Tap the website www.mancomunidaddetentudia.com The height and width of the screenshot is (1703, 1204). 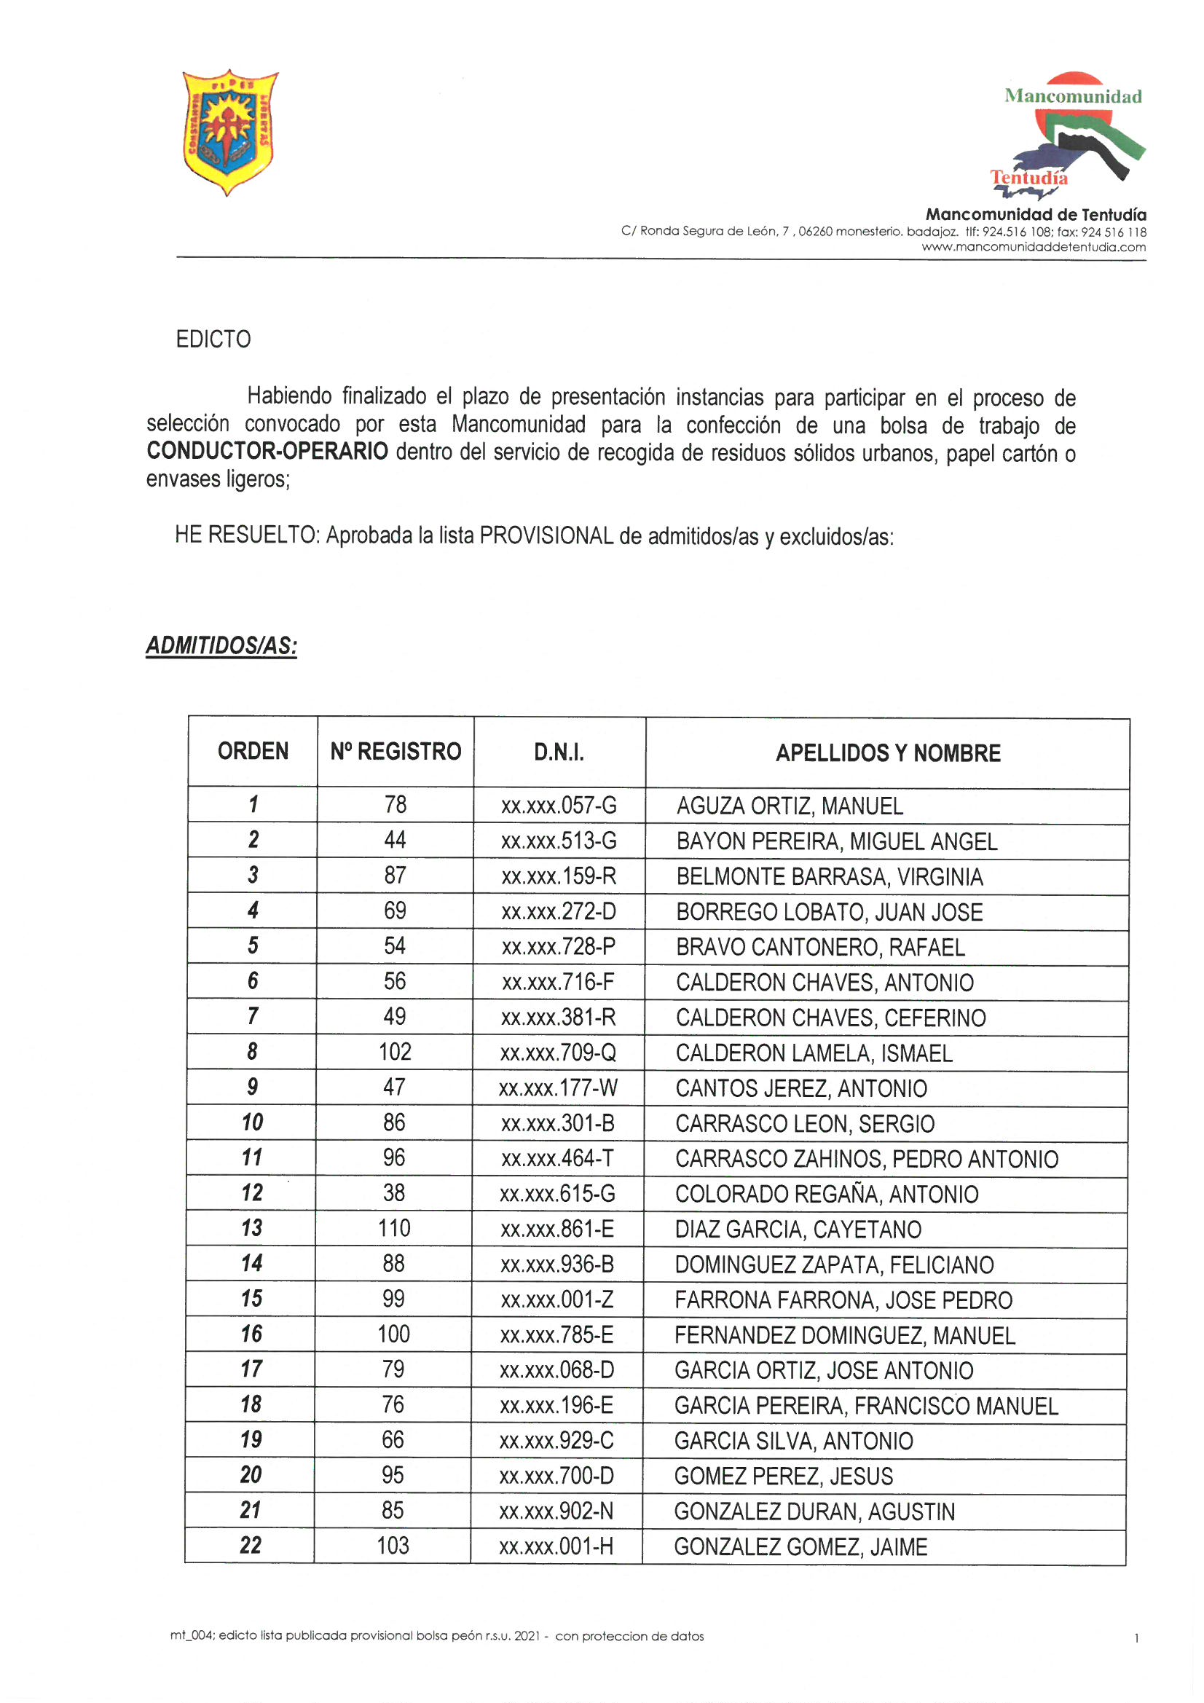coord(1034,247)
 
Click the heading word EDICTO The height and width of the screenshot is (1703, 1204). coord(213,339)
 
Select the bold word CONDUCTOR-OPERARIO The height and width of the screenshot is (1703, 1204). coord(267,451)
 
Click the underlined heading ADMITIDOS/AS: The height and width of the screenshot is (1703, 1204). coord(221,645)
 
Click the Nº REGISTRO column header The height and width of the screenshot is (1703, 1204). coord(396,752)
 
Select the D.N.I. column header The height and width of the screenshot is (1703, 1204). coord(559,753)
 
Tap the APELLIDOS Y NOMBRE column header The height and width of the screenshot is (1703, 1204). coord(887,754)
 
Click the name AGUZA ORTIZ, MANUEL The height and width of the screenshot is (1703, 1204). coord(790,806)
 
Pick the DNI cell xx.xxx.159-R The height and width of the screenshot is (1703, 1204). coord(559,876)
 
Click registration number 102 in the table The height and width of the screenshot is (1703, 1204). coord(395,1052)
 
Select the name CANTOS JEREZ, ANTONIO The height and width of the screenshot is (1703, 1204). coord(800,1088)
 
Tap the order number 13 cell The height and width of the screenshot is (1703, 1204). coord(251,1227)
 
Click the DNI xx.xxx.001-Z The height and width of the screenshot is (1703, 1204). coord(557,1299)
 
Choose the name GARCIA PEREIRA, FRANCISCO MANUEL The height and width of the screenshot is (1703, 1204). coord(866,1406)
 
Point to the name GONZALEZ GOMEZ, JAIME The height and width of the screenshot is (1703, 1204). coord(800,1546)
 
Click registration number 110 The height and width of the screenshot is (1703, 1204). coord(394,1228)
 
